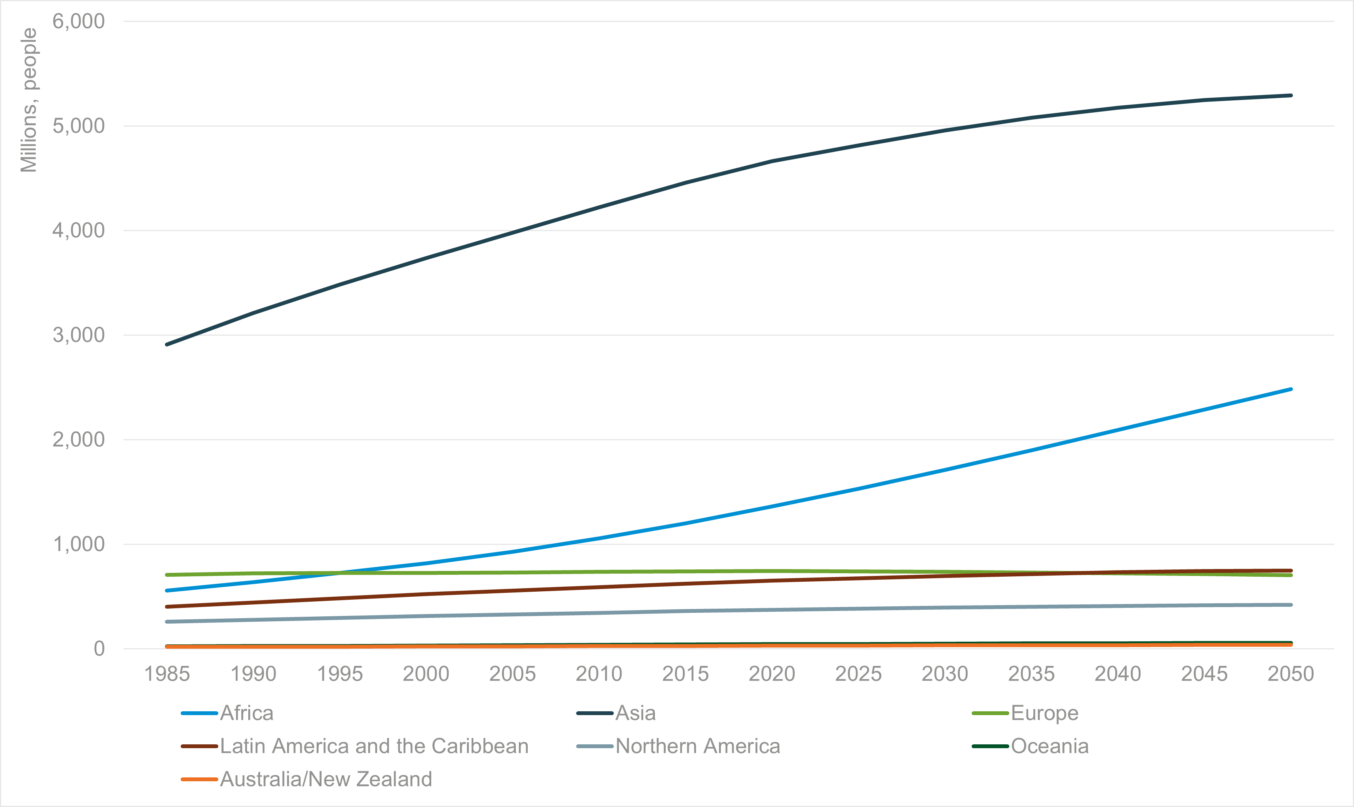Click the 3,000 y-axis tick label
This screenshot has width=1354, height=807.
[78, 335]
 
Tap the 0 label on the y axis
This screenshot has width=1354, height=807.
[99, 648]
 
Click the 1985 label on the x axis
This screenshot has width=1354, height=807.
[167, 674]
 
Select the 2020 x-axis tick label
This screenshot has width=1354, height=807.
[772, 674]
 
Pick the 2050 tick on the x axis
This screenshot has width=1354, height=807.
[1291, 674]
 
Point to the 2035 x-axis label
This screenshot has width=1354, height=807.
[1031, 674]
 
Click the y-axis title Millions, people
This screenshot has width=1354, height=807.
[28, 100]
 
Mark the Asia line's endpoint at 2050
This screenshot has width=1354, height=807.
[1291, 95]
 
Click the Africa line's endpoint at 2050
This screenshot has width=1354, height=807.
[1291, 389]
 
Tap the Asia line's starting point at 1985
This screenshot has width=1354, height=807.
[166, 344]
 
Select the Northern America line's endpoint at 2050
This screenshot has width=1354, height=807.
[1291, 605]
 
